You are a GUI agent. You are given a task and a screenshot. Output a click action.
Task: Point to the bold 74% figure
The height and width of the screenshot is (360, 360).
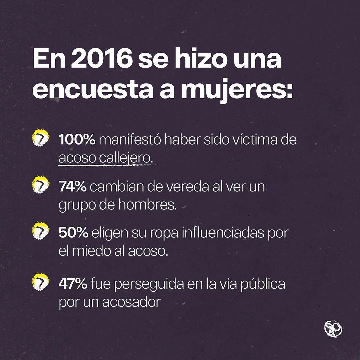pos(73,187)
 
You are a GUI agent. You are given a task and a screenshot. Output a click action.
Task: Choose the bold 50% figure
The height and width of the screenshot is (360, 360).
pos(73,233)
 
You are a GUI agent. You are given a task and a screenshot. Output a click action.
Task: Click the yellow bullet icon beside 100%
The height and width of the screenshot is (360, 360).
pos(40,139)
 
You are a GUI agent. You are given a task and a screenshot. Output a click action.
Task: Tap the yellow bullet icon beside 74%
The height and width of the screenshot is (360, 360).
pos(40,186)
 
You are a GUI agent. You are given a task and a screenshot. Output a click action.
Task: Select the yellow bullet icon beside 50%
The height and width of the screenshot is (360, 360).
pos(40,232)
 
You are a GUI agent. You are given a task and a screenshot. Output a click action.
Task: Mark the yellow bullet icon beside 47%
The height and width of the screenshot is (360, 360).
pos(40,283)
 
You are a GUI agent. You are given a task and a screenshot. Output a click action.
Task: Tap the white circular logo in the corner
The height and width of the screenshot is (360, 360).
pos(333,329)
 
